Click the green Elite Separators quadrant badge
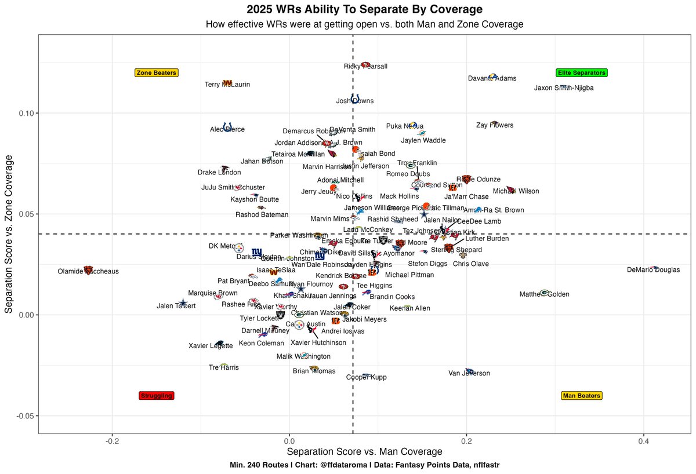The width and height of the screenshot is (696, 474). coord(581,73)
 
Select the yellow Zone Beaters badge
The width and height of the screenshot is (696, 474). coord(157,73)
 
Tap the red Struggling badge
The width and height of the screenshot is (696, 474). coord(157,396)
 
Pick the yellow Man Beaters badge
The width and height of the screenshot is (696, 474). coord(582,396)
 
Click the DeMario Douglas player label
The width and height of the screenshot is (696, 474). coord(654,270)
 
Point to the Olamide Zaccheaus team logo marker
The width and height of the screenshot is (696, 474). coord(88,270)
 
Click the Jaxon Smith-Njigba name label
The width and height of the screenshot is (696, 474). coord(564,88)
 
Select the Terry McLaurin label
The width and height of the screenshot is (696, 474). coord(227,85)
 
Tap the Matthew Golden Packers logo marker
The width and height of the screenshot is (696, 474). coord(544,293)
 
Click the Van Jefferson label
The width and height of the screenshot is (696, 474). coord(469,374)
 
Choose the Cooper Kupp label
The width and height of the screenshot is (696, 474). coord(366,378)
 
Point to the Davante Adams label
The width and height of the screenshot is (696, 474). coord(492,79)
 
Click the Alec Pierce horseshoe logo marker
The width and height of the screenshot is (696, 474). coord(227,126)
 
